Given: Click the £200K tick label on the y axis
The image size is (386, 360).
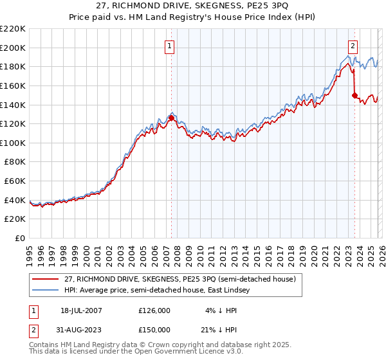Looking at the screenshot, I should (x=13, y=48).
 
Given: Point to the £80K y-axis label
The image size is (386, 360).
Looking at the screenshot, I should (x=15, y=162).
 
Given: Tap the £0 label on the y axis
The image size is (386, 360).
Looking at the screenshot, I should (x=19, y=239).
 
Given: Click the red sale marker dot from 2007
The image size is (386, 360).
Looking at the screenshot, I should (x=171, y=118).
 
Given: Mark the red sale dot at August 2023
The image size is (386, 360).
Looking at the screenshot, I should (x=354, y=95).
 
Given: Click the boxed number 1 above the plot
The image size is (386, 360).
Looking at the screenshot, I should (x=169, y=46).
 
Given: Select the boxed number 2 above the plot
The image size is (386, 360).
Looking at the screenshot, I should (x=353, y=46).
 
